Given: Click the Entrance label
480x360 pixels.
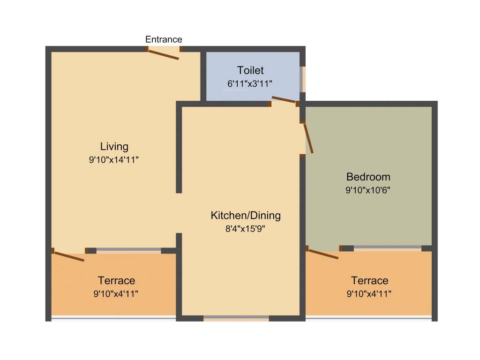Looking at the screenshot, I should click(164, 39).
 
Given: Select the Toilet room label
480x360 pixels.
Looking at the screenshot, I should click(250, 70).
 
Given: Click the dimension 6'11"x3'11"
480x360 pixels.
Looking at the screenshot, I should click(250, 83).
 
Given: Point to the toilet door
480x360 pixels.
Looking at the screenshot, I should click(284, 99).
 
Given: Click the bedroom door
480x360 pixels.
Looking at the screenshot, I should click(308, 138).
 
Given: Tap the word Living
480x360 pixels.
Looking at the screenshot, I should click(114, 146).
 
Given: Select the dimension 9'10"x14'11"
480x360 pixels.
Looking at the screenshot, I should click(114, 159).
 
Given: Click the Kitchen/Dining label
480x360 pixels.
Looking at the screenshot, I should click(246, 216).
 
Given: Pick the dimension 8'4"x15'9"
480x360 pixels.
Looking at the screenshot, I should click(246, 229).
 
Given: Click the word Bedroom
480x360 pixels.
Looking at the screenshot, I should click(368, 177).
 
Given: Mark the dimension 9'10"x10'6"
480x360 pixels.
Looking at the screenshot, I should click(368, 190).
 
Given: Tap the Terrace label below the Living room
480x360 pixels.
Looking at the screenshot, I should click(116, 280).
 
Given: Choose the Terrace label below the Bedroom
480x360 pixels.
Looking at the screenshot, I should click(370, 280).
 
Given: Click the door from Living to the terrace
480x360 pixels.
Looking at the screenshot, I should click(69, 256).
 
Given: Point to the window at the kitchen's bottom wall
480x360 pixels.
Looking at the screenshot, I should click(236, 318).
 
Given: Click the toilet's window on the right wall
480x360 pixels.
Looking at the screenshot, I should click(303, 79).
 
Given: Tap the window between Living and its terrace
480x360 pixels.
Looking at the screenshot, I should click(128, 250).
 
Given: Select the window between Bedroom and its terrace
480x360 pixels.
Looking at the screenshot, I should click(387, 248).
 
